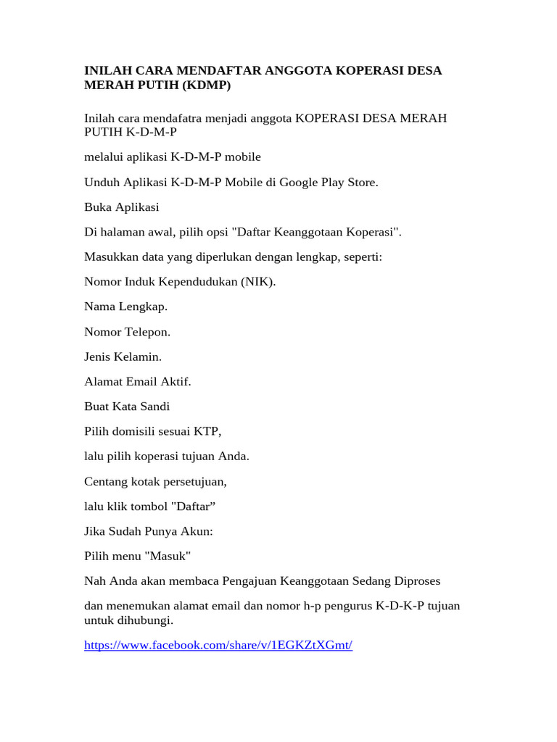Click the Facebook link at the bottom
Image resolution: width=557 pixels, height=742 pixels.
[218, 645]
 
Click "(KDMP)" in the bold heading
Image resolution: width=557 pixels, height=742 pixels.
[206, 85]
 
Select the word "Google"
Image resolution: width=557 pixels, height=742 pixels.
[300, 182]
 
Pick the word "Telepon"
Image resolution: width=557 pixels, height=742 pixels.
[148, 331]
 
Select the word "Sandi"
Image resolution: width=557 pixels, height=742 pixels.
[153, 406]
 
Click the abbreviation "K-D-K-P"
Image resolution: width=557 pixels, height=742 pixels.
[398, 606]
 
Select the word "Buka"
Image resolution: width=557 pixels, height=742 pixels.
[99, 207]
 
